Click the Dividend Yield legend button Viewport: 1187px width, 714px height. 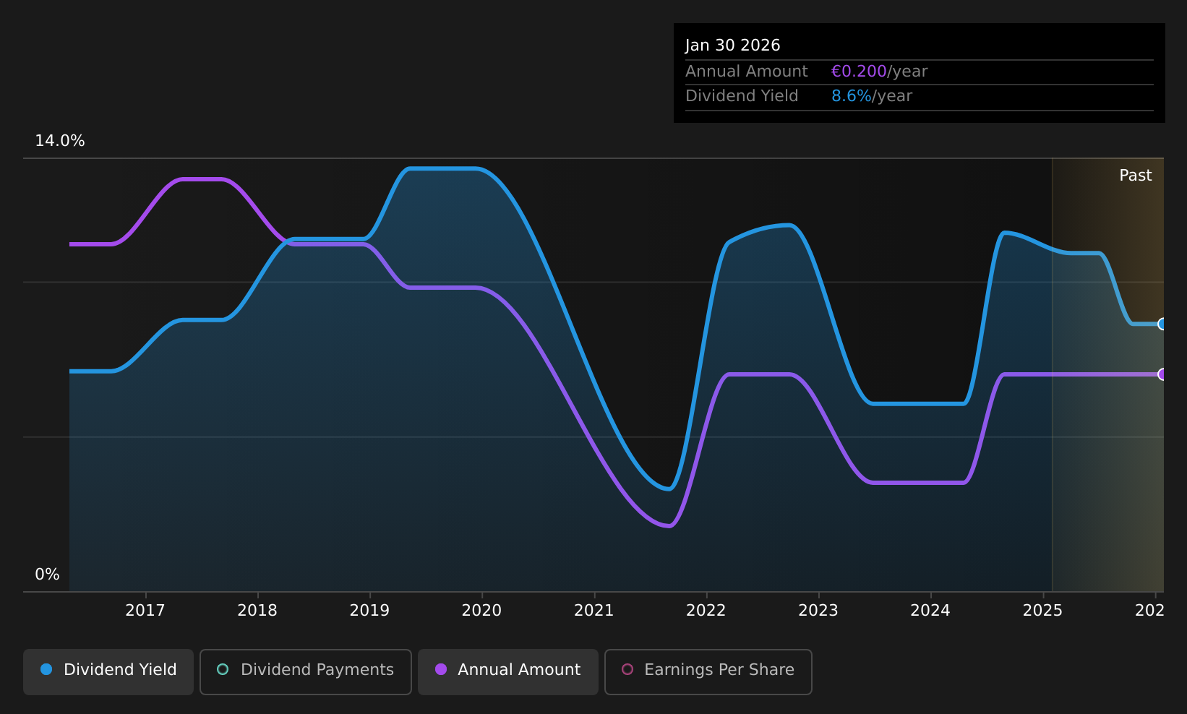tap(108, 671)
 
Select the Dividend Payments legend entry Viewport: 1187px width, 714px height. tap(306, 671)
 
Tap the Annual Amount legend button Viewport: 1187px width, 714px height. tap(508, 671)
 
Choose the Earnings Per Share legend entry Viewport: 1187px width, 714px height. tap(708, 671)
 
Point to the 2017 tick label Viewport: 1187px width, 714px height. tap(145, 611)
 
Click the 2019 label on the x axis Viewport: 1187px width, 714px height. tap(369, 611)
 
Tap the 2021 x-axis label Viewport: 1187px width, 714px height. tap(594, 611)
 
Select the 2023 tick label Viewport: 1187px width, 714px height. tap(818, 611)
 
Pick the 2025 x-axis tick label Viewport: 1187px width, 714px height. tap(1043, 611)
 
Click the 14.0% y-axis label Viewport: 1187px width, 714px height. tap(60, 141)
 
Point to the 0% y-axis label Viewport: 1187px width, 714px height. tap(47, 575)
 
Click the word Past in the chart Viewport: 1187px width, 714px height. tap(1136, 176)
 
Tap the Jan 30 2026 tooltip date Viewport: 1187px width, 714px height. tap(733, 46)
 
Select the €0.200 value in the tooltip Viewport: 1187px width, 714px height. tap(859, 72)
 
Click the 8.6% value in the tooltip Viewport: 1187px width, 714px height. tap(852, 96)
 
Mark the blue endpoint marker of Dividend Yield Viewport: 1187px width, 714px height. tap(1162, 324)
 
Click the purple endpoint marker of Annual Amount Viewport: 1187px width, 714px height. tap(1162, 374)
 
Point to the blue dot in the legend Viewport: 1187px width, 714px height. tap(47, 669)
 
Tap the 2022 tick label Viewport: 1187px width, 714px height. tap(706, 611)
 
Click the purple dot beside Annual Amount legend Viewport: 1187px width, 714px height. tap(441, 669)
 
